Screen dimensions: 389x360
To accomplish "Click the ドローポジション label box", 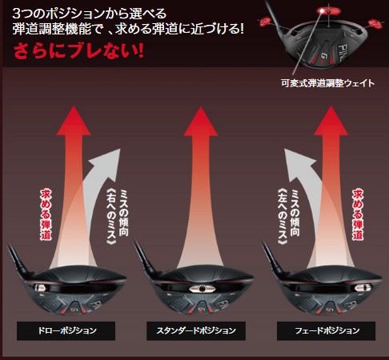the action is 66,330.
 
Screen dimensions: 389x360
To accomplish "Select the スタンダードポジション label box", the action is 196,330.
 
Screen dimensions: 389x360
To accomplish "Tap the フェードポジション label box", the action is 326,330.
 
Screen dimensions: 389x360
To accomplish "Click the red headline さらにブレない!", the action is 78,50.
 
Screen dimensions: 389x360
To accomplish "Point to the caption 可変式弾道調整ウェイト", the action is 328,83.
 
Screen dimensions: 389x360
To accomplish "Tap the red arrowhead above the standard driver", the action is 200,122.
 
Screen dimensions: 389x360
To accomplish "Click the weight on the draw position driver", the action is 40,287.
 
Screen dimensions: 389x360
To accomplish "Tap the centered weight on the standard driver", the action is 202,289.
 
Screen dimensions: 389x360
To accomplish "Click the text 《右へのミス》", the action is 111,217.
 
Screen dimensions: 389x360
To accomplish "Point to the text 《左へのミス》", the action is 283,217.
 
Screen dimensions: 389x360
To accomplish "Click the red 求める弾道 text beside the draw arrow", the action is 46,214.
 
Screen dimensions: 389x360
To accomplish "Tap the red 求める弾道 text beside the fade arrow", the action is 358,214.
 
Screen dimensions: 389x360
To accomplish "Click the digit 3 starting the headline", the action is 17,14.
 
